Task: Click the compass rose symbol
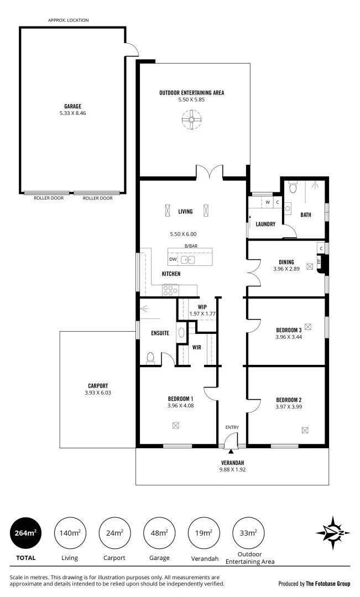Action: coord(333,533)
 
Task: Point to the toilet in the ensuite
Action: coord(150,358)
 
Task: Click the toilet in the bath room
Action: coord(294,188)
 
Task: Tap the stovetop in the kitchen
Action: coord(170,289)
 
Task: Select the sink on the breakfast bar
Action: coord(187,259)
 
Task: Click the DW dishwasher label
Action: coord(173,259)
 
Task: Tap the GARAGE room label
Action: coord(72,106)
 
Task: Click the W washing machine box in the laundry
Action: coord(268,202)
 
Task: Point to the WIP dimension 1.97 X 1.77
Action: coord(202,313)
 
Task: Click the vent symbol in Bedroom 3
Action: coord(308,326)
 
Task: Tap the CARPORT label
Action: coord(97,386)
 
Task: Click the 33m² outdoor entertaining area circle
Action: coord(248,533)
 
